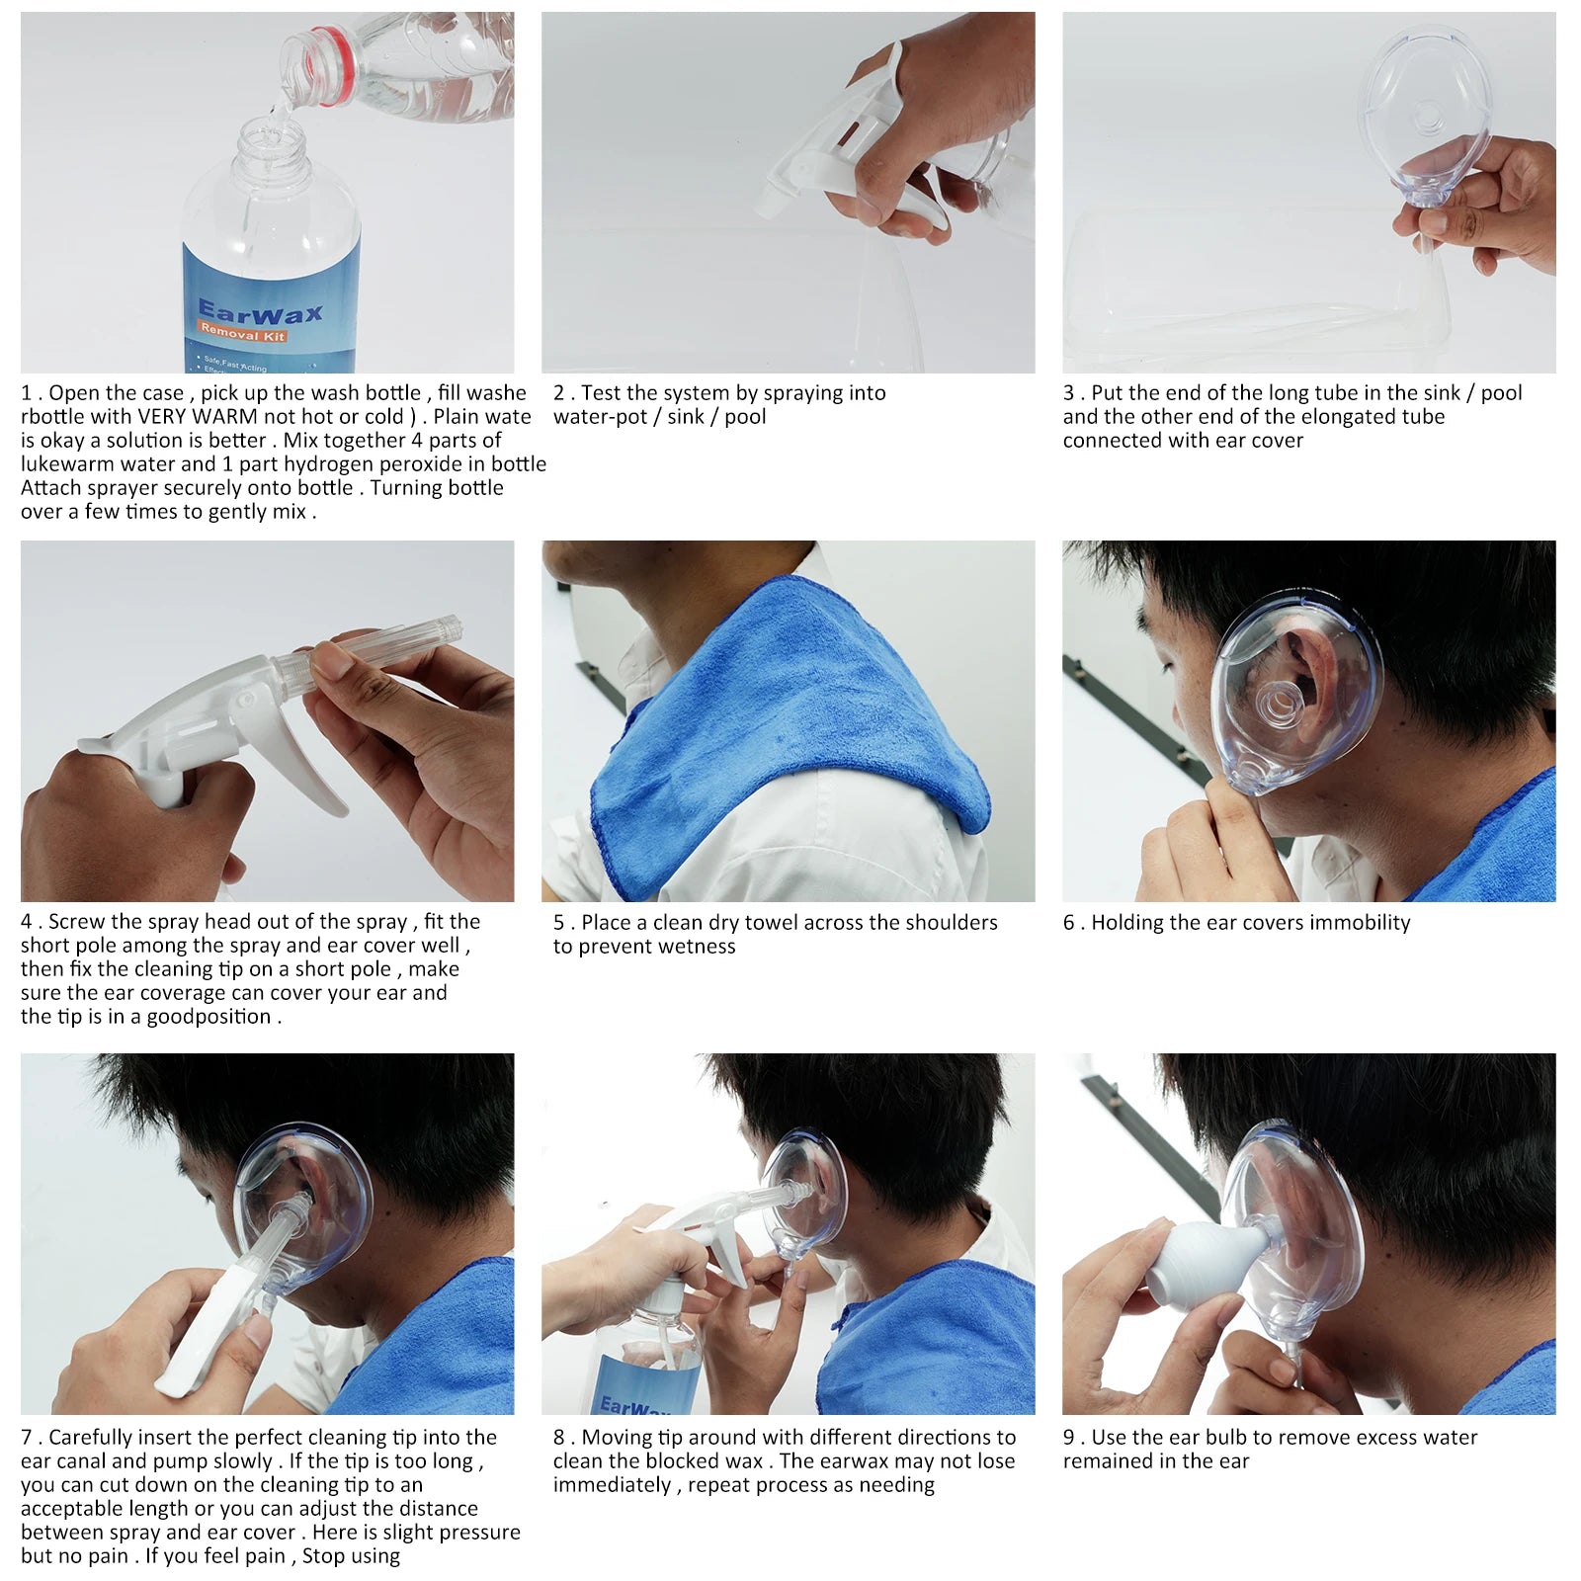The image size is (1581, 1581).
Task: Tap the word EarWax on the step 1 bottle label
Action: tap(260, 313)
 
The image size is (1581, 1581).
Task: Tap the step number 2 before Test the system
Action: tap(559, 393)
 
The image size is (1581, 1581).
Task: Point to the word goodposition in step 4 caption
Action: tap(208, 1017)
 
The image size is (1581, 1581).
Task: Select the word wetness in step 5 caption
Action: tap(699, 947)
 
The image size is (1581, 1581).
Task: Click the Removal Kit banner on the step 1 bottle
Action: tap(243, 335)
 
